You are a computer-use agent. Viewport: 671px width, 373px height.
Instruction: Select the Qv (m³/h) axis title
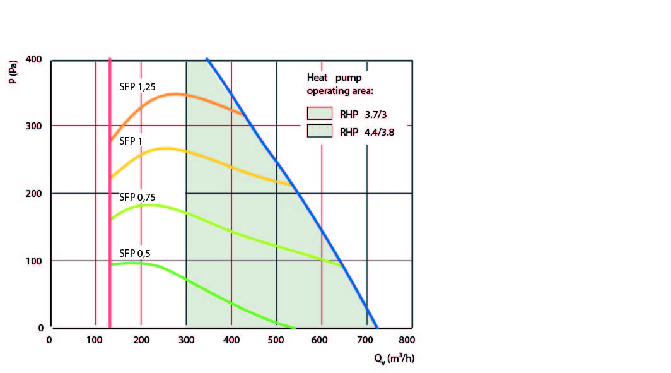(x=393, y=359)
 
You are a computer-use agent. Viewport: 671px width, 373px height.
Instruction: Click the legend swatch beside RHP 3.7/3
(x=319, y=114)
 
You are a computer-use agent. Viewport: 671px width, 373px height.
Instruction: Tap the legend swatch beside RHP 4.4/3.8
(x=319, y=131)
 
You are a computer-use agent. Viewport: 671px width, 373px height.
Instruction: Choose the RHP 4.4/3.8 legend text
(x=367, y=132)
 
